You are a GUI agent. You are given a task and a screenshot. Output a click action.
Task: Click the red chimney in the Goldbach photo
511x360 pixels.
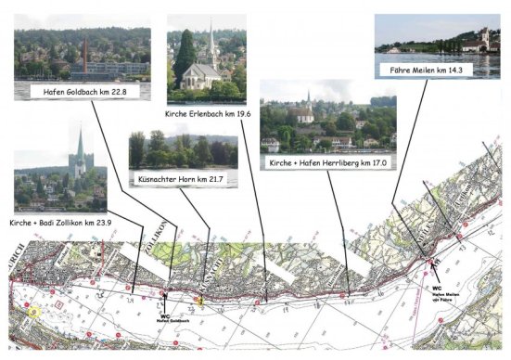[x=86, y=55]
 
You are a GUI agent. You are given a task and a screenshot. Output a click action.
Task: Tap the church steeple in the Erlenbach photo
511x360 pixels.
[x=212, y=42]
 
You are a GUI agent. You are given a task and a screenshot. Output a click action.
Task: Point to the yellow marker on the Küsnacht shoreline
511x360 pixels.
[x=199, y=301]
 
